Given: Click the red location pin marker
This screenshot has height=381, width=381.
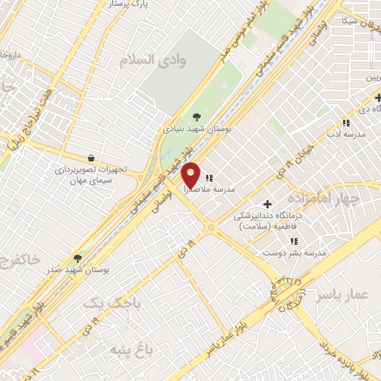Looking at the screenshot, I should (190, 174).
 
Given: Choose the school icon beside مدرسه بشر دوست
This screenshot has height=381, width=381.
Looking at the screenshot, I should (295, 241).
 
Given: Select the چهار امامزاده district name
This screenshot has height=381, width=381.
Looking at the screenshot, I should (343, 198).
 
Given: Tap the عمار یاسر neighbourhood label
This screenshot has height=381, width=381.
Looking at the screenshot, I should (342, 295).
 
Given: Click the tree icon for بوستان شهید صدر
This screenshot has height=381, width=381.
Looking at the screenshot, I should (78, 257).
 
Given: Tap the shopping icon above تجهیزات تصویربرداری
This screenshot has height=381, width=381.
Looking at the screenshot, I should (91, 158).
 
